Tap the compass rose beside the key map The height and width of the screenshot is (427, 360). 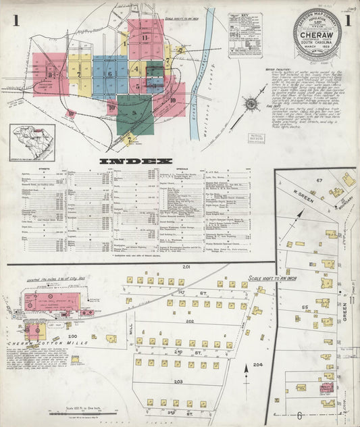pos(251,104)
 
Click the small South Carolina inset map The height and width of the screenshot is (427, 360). pos(32,141)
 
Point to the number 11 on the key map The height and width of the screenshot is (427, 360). pos(145,37)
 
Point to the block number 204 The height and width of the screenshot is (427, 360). pos(257,365)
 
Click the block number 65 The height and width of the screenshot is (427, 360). pos(305,307)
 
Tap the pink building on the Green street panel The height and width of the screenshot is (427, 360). pos(327,388)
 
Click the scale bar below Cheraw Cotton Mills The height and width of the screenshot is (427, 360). pos(74,412)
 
